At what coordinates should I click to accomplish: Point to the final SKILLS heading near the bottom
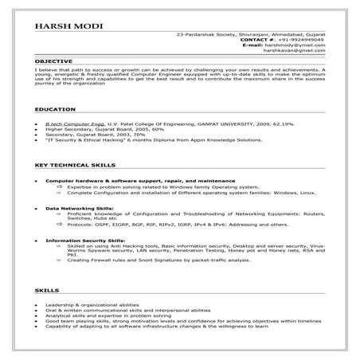pyautogui.click(x=45, y=292)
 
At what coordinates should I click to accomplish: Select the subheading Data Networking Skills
pyautogui.click(x=80, y=208)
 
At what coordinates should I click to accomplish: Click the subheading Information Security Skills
pyautogui.click(x=85, y=240)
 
